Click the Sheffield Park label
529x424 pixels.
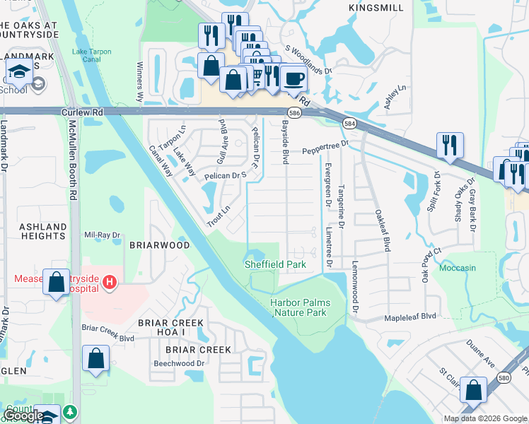275,264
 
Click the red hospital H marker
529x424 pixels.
109,283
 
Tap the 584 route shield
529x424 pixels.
349,124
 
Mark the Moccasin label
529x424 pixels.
458,269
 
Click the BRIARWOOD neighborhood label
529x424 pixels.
159,245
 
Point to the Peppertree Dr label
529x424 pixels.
325,147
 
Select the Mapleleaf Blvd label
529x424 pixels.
409,317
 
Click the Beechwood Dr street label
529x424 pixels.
179,363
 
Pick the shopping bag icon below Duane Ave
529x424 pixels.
473,389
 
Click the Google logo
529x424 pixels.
23,416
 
